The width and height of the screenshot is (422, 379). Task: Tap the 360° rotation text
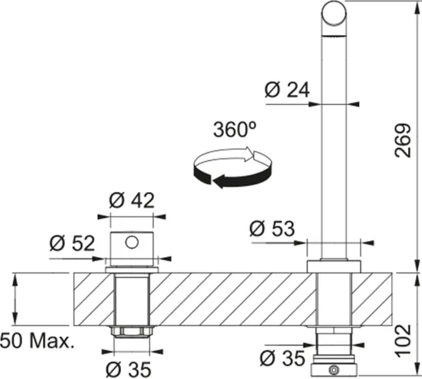[235, 129]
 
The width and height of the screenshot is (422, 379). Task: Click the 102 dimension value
[398, 332]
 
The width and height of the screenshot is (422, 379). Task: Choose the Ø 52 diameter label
[70, 242]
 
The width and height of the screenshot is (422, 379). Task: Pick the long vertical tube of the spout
[334, 146]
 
